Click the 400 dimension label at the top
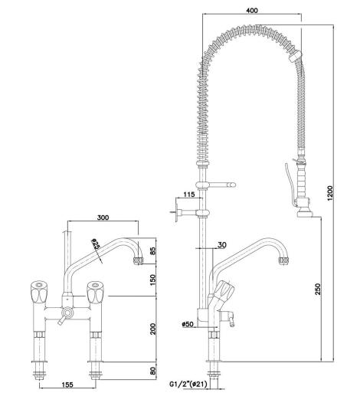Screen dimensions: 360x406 point(252,10)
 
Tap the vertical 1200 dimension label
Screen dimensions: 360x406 point(330,193)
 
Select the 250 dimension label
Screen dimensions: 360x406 point(318,289)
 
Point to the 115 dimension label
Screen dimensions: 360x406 point(188,195)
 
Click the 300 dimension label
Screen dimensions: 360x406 point(103,218)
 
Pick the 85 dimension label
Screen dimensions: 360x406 point(153,250)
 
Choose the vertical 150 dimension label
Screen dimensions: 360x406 point(153,280)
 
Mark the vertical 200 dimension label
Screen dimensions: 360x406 point(153,329)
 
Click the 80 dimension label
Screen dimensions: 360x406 point(153,371)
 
